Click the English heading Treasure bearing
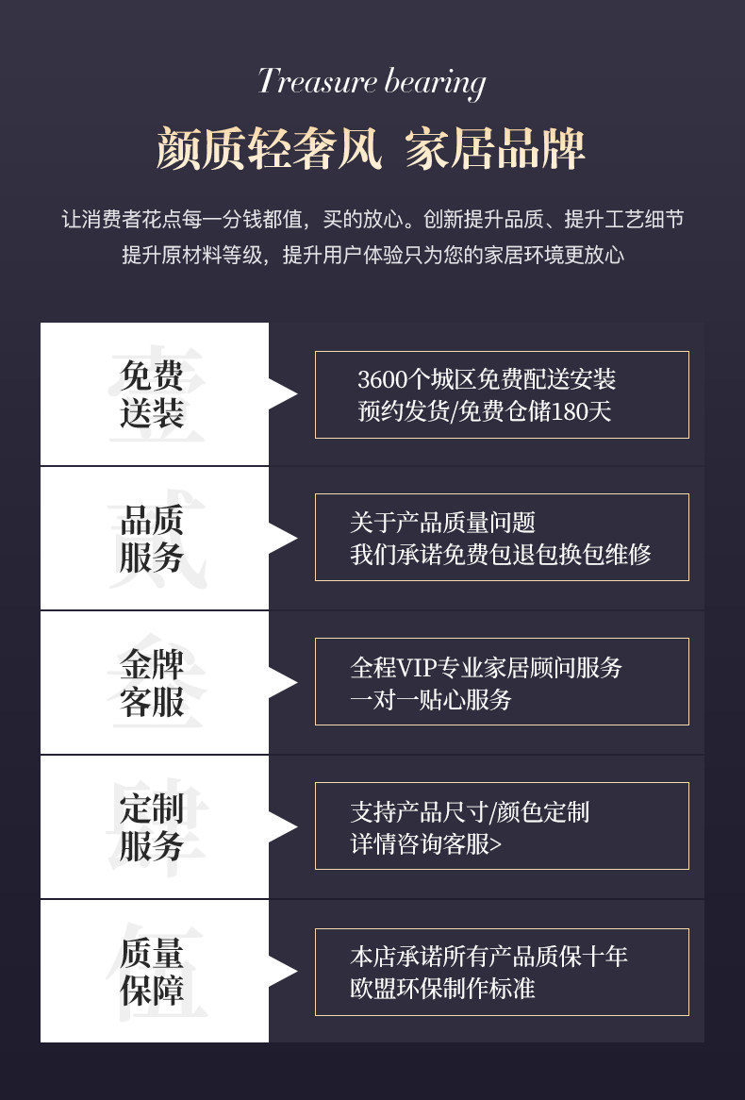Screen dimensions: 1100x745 (x=372, y=82)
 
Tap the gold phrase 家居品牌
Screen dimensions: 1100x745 (x=495, y=149)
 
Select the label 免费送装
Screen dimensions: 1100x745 (x=152, y=394)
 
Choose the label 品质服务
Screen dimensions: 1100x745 (x=152, y=539)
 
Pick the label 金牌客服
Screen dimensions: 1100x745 (x=152, y=683)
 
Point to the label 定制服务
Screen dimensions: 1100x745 (x=152, y=827)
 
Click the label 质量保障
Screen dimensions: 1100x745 (x=152, y=972)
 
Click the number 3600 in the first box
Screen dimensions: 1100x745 (x=382, y=379)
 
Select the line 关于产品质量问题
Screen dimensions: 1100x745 (x=442, y=522)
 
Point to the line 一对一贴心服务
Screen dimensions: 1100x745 (x=430, y=699)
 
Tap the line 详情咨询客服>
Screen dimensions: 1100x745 (x=425, y=842)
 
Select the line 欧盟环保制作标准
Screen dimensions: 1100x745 (x=442, y=988)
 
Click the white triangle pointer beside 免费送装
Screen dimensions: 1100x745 (x=282, y=393)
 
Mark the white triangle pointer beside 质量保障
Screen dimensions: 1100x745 (x=282, y=971)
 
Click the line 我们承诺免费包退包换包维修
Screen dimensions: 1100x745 (x=500, y=554)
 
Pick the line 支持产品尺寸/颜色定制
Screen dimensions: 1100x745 (x=469, y=811)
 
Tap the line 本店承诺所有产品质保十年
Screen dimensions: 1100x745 (x=488, y=957)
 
